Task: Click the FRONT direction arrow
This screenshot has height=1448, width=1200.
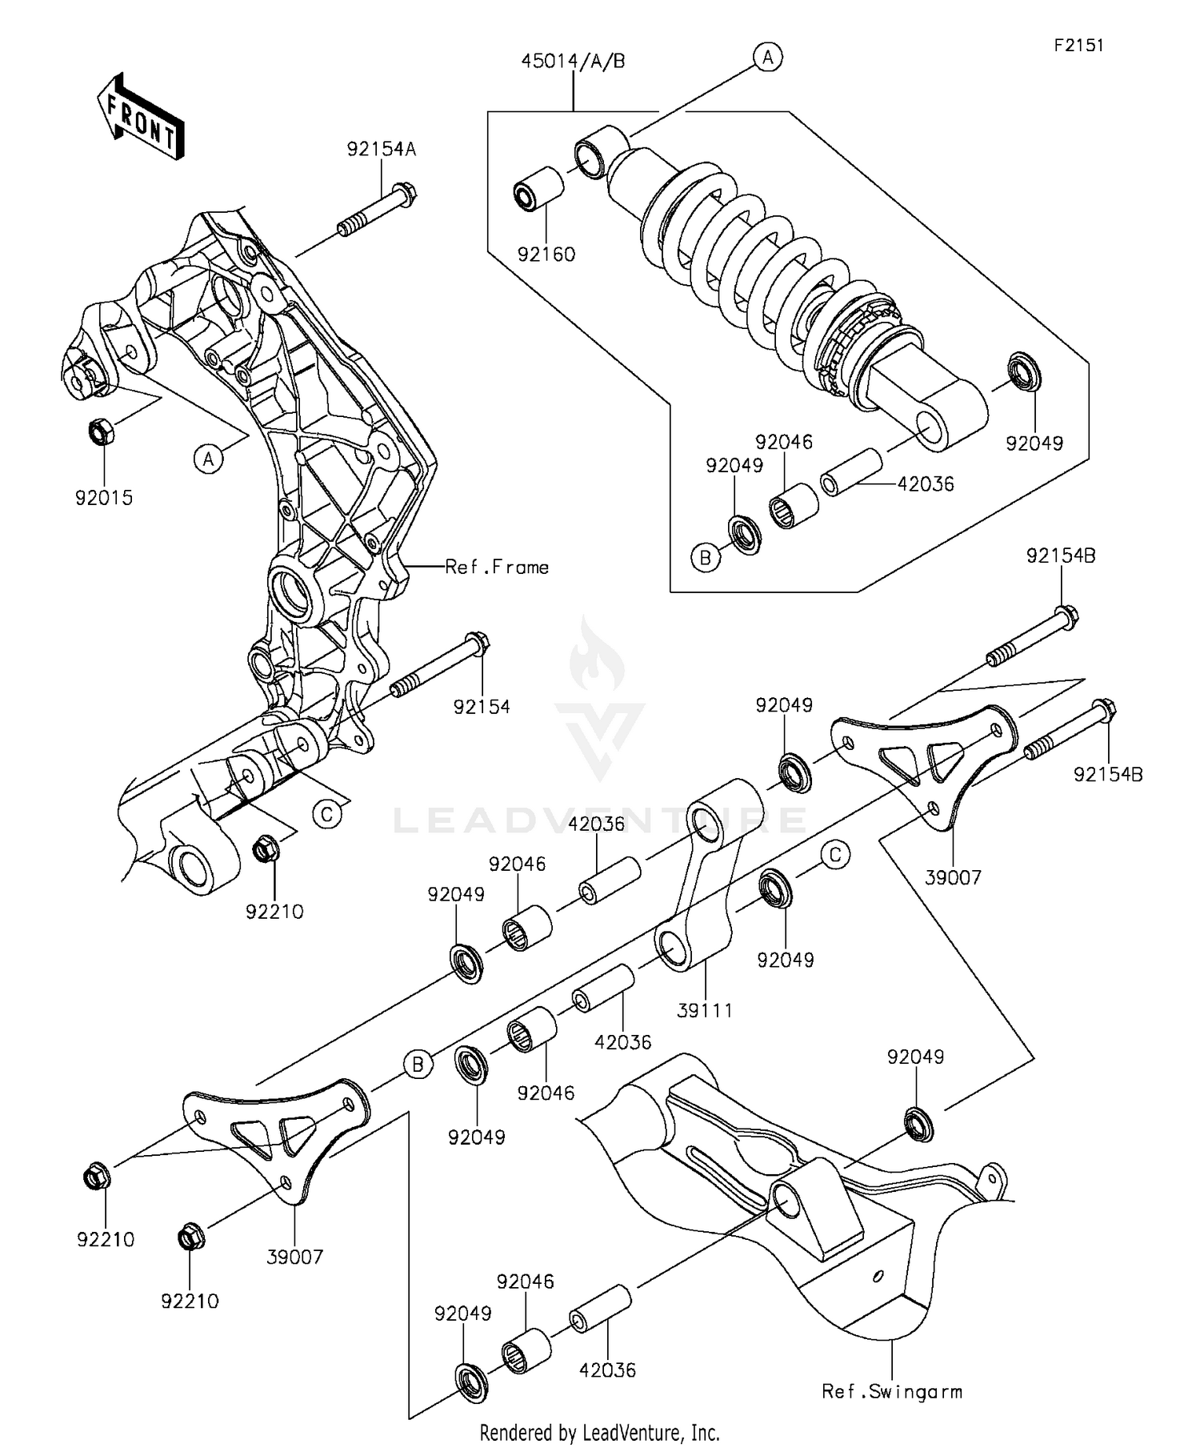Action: click(x=141, y=115)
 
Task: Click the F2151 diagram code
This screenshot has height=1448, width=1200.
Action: click(x=1078, y=46)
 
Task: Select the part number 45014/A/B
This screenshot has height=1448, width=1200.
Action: click(x=573, y=62)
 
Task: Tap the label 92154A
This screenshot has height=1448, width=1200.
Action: click(x=381, y=150)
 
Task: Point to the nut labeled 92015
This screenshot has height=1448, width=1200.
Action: click(x=102, y=433)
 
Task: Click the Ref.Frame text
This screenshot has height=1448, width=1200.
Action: click(x=497, y=568)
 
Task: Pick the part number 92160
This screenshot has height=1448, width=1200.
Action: click(x=546, y=255)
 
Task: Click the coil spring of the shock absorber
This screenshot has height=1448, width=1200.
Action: click(x=744, y=248)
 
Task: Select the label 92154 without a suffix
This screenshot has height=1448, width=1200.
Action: click(x=481, y=707)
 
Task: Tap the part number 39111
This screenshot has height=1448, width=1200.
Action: click(x=704, y=1010)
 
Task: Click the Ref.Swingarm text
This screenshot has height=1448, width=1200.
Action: click(x=891, y=1392)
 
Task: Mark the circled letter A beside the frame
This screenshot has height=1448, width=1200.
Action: click(x=208, y=459)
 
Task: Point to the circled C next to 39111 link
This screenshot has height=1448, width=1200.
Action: click(x=834, y=855)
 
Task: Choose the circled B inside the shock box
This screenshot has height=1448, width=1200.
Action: click(x=706, y=557)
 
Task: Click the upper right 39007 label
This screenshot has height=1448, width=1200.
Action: click(x=952, y=877)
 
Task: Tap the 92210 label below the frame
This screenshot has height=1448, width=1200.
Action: click(x=274, y=912)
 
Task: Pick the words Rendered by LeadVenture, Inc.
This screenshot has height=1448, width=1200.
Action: click(x=599, y=1432)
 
